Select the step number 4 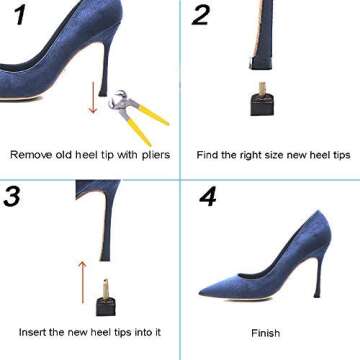click(207, 196)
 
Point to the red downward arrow click(92, 100)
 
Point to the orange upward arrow click(83, 282)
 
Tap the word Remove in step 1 click(30, 155)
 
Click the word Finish click(265, 332)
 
